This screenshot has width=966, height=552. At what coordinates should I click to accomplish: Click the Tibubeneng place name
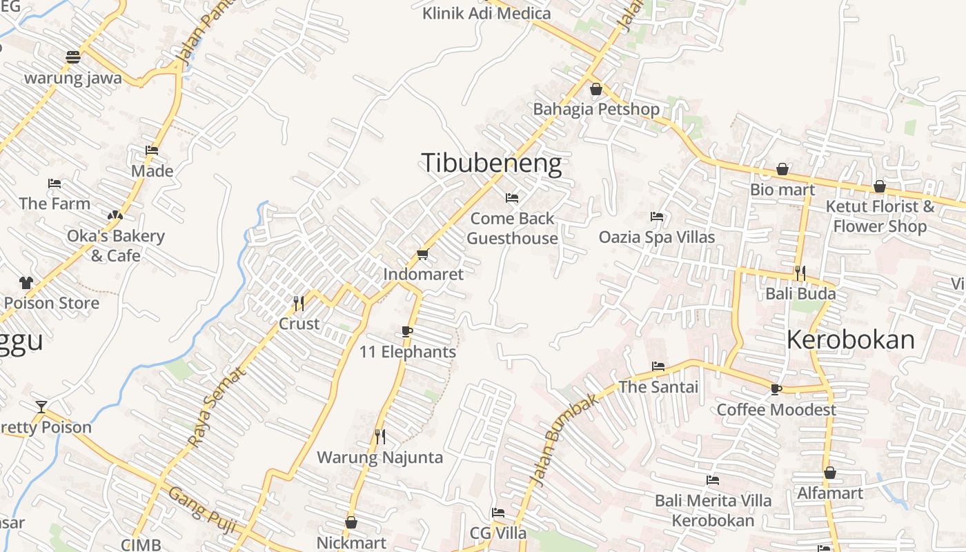pos(491,164)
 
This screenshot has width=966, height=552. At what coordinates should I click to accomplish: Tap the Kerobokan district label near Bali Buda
pos(851,339)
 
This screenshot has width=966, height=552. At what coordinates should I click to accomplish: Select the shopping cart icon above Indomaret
pos(422,255)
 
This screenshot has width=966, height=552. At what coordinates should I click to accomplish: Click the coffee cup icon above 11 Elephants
pos(407,332)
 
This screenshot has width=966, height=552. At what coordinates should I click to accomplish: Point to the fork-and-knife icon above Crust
pos(299,303)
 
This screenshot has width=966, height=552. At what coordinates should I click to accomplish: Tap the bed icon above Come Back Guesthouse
pos(512,198)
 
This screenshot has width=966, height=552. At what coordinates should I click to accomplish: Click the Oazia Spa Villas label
pos(657,237)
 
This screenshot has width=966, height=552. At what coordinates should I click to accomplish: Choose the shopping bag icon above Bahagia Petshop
pos(596,90)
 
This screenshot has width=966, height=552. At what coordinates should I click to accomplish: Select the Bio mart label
pos(782,190)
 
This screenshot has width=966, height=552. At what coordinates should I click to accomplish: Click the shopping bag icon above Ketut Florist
pos(880,186)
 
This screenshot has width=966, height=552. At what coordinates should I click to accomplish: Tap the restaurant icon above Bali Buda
pos(800,273)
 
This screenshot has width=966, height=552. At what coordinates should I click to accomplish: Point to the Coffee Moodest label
pos(776,410)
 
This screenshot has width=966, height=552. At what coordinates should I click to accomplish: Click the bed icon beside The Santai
pos(658,366)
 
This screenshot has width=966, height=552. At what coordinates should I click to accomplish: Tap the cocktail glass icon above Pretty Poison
pos(41,407)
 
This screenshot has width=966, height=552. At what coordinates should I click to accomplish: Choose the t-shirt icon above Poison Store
pos(26,282)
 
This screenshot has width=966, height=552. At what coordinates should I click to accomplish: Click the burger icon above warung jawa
pos(73,57)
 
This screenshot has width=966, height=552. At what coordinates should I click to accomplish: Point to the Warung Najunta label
pos(379,457)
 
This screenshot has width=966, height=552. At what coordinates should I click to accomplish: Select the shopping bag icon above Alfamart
pos(830,473)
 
